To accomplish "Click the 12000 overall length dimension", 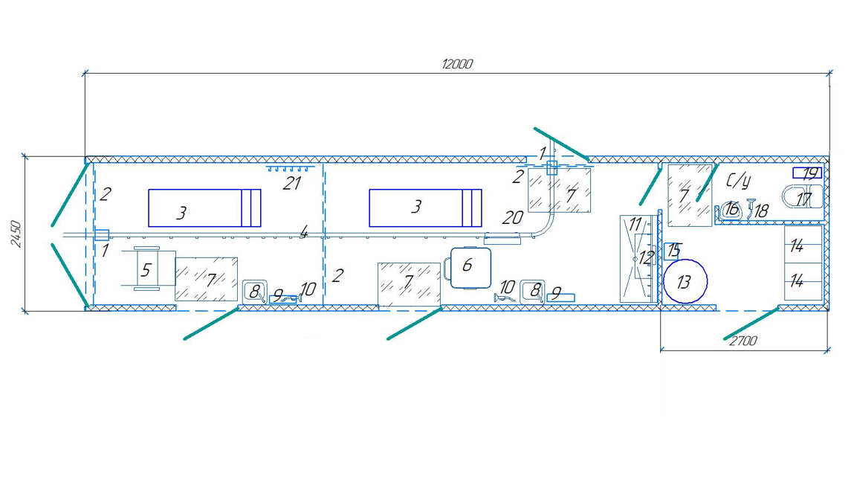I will pos(456,64).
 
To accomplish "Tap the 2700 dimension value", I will pos(743,341).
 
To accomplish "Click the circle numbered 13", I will pos(685,281).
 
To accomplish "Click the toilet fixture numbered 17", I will pos(803,199).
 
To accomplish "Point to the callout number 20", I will pos(513,218).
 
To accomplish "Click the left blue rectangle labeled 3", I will pos(204,208).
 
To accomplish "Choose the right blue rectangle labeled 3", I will pos(425,208).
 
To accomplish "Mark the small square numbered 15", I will pos(672,250).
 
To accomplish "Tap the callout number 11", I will pos(634,223).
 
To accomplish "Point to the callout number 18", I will pos(760,211).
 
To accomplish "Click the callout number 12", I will pos(645,257).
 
